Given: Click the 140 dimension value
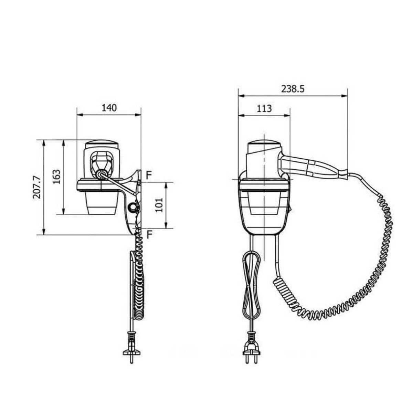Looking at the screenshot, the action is tap(109, 108).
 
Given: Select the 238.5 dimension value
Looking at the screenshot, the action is tap(293, 89).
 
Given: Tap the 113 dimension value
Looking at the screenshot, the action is tap(264, 109).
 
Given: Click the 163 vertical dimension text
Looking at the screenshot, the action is tap(56, 177).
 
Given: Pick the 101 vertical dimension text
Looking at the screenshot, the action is tap(159, 205).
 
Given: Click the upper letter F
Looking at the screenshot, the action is tap(149, 176).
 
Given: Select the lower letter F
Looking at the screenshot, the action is tap(149, 234).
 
